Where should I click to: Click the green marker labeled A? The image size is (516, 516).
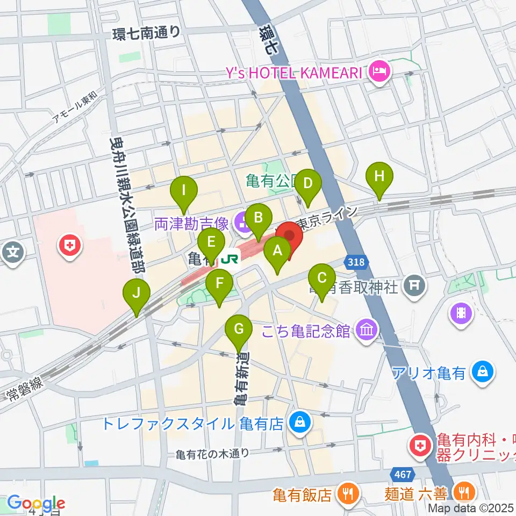(278, 250)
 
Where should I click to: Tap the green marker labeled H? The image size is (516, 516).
(379, 176)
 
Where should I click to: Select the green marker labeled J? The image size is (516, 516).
(137, 293)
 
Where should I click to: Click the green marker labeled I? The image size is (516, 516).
(184, 190)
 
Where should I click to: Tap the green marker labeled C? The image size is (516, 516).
(322, 278)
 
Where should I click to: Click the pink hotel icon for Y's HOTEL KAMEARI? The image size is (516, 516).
(379, 73)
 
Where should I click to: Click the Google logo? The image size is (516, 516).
(35, 503)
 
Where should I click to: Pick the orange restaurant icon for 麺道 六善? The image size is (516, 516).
(463, 493)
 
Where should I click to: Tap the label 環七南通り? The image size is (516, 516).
(146, 33)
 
